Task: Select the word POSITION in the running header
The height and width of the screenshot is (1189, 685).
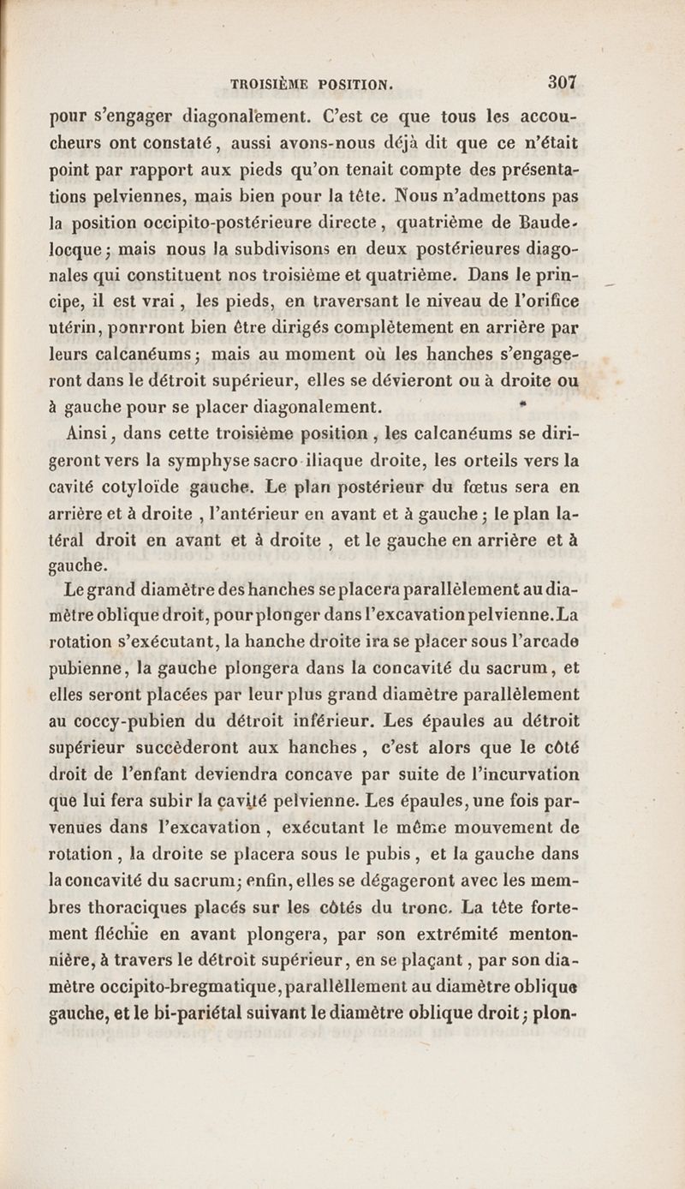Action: [354, 85]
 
